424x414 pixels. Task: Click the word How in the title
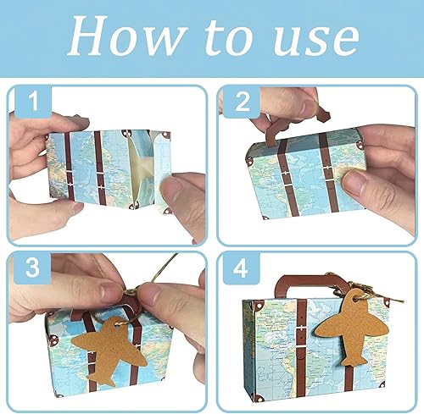pyautogui.click(x=126, y=36)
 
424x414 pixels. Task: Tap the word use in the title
pyautogui.click(x=316, y=40)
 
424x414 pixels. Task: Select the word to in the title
pyautogui.click(x=228, y=37)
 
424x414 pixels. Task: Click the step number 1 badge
pyautogui.click(x=33, y=101)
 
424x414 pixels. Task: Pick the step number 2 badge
pyautogui.click(x=243, y=101)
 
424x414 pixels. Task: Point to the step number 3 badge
pyautogui.click(x=32, y=267)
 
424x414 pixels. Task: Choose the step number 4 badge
pyautogui.click(x=241, y=268)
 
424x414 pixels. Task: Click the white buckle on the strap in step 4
pyautogui.click(x=302, y=329)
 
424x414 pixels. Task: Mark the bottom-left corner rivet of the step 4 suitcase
pyautogui.click(x=259, y=399)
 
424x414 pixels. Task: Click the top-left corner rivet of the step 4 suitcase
pyautogui.click(x=259, y=305)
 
